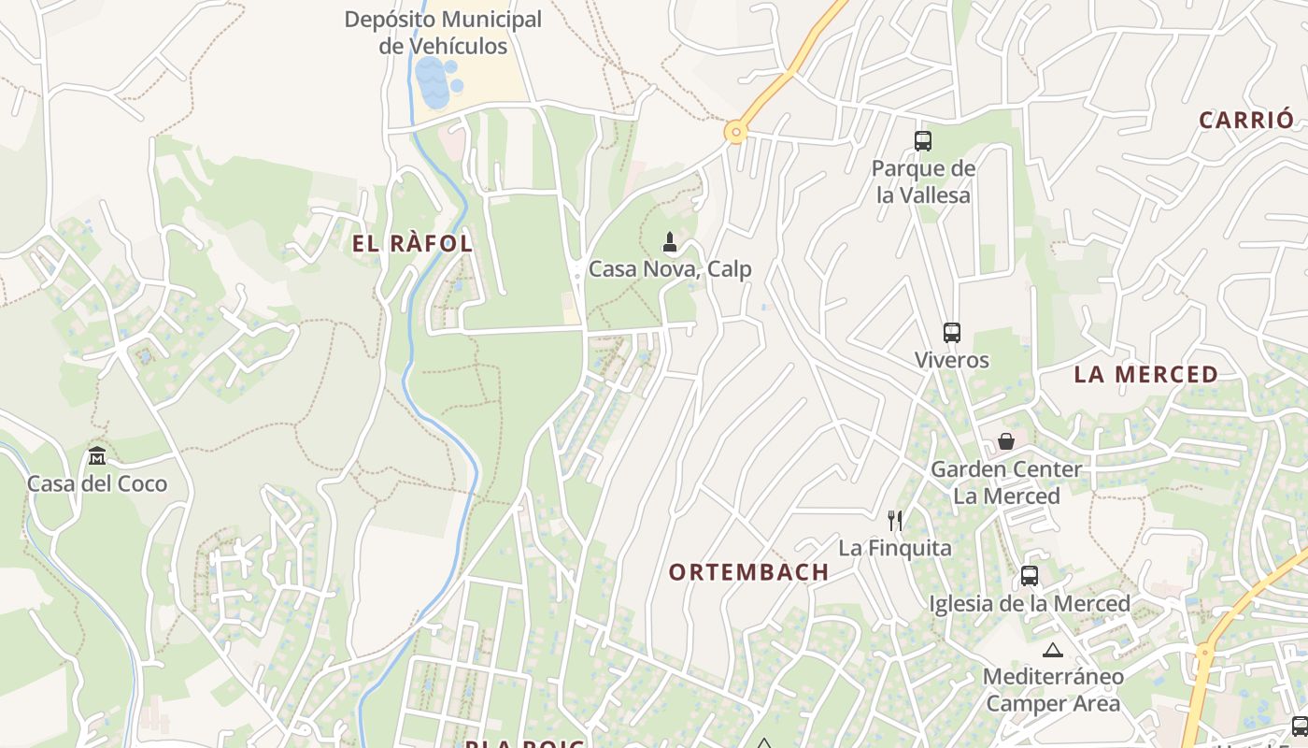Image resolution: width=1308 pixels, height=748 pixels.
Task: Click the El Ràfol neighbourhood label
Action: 412,244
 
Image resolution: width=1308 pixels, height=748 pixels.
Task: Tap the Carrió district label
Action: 1246,120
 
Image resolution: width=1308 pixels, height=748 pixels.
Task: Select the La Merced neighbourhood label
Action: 1145,374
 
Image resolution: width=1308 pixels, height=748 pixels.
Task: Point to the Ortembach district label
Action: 748,572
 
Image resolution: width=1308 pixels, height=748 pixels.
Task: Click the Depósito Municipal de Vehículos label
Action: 443,33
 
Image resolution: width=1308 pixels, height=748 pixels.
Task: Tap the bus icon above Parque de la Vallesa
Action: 923,141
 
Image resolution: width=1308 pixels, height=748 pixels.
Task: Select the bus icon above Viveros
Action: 952,332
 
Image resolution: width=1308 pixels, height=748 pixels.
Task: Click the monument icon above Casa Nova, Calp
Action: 670,242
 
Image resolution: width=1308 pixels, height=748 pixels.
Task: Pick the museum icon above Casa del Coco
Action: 97,456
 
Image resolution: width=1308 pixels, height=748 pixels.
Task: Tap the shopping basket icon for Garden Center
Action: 1006,440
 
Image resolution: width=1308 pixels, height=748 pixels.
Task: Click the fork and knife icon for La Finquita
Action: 895,520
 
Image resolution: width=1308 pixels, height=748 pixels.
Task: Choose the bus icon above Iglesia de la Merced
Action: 1030,576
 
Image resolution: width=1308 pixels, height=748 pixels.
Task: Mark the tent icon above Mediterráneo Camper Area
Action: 1053,650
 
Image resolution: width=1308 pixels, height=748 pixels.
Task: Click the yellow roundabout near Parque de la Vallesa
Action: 736,133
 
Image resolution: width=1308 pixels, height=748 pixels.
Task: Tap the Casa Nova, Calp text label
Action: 670,269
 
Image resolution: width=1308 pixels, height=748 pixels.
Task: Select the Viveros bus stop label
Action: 952,360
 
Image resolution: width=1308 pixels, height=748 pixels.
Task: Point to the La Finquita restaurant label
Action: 895,548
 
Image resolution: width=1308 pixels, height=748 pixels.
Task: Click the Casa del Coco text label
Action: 97,483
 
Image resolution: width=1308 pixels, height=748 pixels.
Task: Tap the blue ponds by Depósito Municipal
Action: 435,82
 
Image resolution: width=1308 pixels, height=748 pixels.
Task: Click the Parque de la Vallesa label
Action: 923,181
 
